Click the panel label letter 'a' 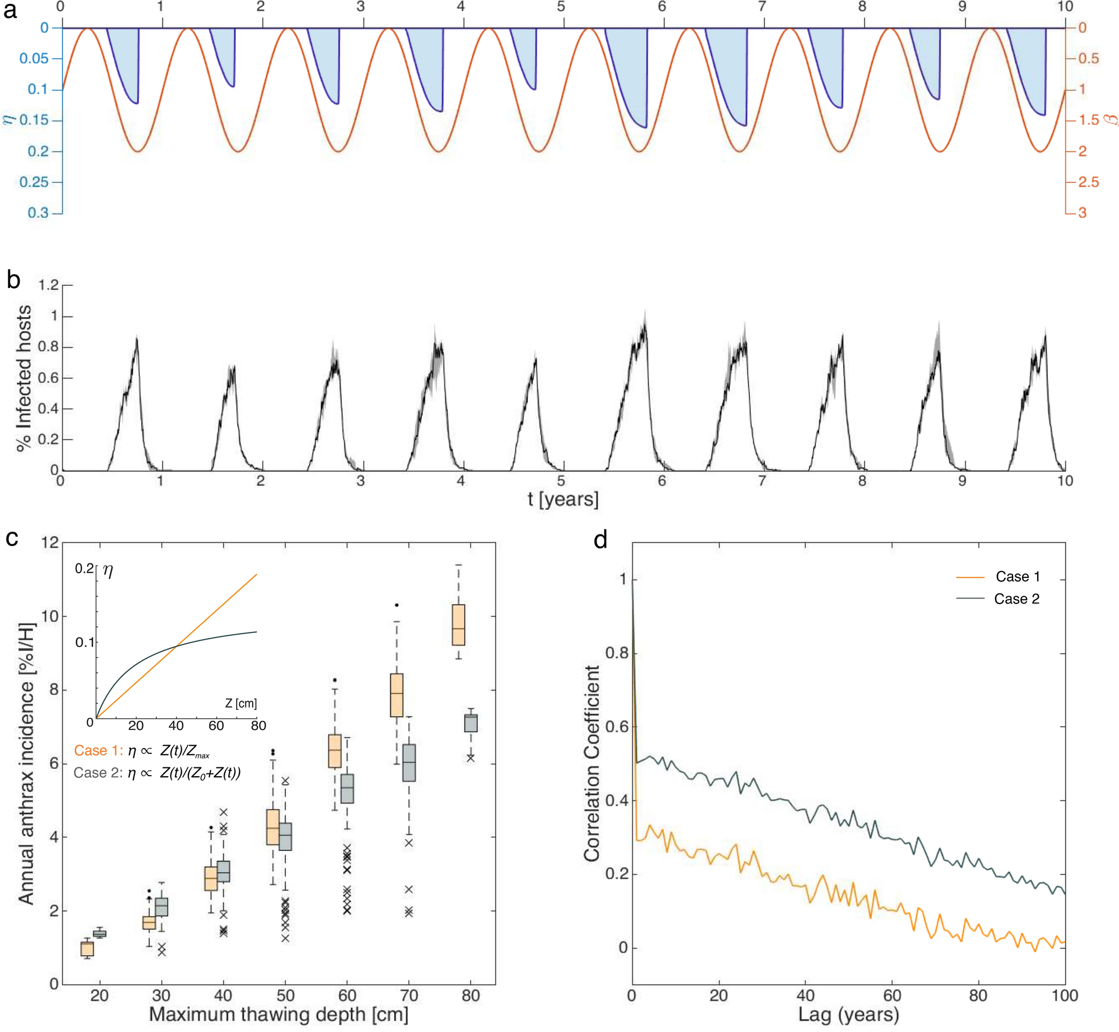pos(9,11)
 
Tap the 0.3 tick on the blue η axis pos(37,213)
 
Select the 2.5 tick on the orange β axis pos(1088,182)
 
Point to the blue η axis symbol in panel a pos(8,118)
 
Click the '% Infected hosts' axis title pos(23,378)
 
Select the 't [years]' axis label pos(563,499)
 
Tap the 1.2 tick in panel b pos(48,285)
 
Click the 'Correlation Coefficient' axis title pos(592,763)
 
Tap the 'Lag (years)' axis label pos(848,1014)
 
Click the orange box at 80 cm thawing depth pos(458,624)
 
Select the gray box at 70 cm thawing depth pos(409,762)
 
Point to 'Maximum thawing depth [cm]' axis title pos(278,1014)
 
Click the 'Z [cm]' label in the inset pos(240,703)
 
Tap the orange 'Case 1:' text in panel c pos(98,751)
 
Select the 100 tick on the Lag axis pos(1065,995)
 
